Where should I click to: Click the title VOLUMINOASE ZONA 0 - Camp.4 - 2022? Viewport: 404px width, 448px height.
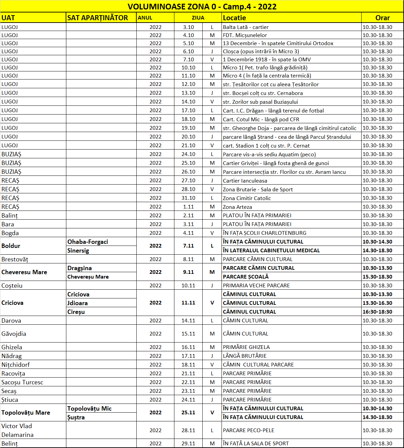tap(202, 7)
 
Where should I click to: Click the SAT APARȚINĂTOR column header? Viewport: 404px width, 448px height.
tap(98, 18)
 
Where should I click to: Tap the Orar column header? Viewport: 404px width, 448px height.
tap(382, 18)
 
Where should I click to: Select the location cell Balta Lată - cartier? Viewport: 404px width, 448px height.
tap(246, 27)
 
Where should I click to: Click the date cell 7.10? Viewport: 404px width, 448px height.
tap(188, 60)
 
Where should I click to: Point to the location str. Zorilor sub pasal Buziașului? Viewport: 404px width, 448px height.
tap(260, 102)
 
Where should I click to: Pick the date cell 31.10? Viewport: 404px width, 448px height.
tap(188, 198)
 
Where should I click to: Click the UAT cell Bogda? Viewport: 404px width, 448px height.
tap(10, 233)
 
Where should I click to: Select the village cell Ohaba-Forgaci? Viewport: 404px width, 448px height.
tap(88, 242)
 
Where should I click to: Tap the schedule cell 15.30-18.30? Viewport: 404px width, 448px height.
tap(377, 277)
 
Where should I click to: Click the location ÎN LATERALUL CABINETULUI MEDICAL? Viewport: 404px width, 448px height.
tap(271, 251)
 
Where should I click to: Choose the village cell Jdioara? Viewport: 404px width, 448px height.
tap(77, 303)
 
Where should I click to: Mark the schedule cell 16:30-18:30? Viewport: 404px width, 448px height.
tap(377, 312)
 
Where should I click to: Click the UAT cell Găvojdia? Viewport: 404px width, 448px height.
tap(14, 334)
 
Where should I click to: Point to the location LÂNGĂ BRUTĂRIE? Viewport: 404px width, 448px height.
tap(245, 356)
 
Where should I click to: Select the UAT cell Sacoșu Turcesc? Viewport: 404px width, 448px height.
tap(22, 382)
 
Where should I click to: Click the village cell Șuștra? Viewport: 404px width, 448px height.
tap(76, 417)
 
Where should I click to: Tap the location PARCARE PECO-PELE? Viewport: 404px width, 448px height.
tap(248, 430)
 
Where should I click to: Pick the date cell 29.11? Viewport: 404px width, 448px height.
tap(188, 444)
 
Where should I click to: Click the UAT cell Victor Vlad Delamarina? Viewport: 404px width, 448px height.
tap(17, 430)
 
